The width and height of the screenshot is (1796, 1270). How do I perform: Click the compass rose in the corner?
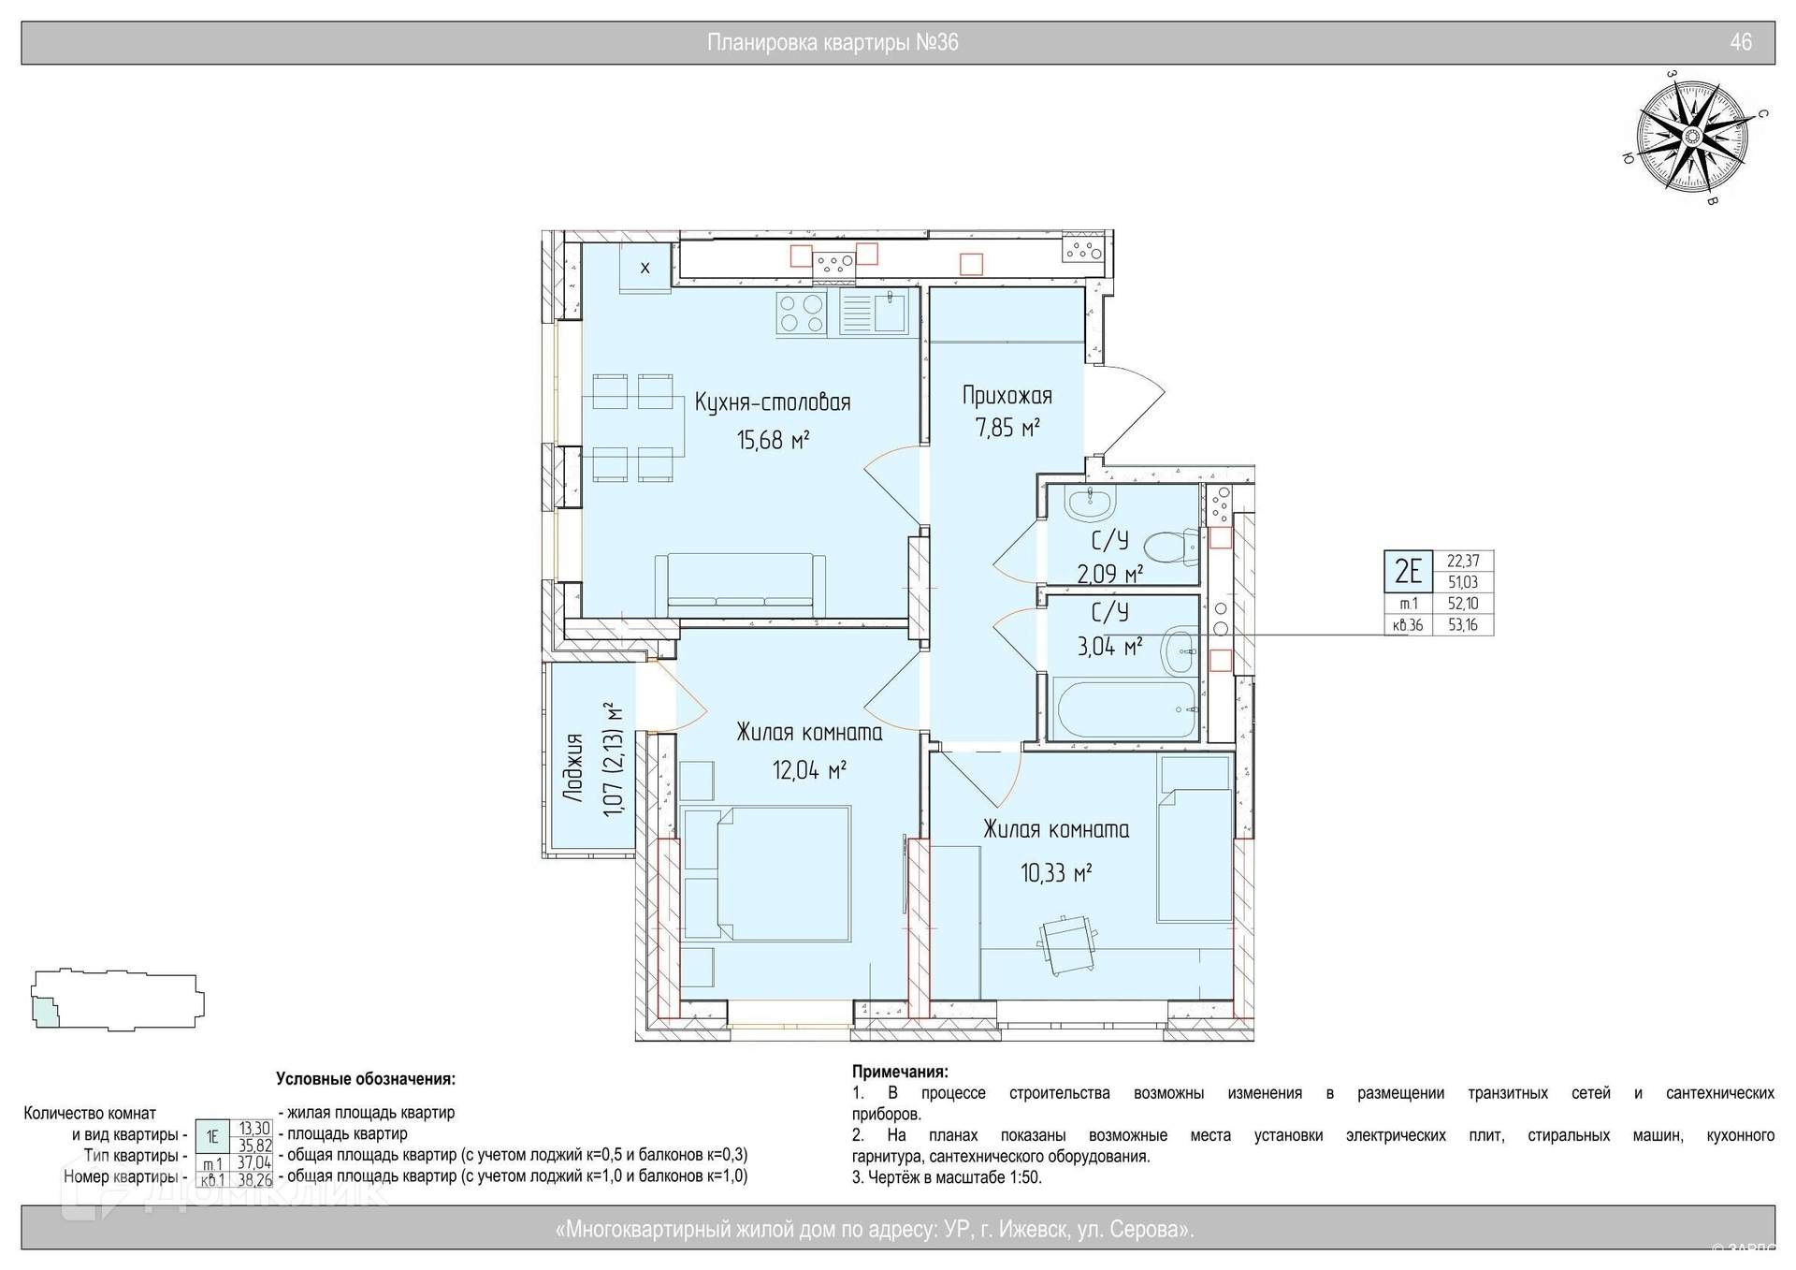[1691, 137]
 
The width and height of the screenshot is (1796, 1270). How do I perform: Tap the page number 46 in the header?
[1741, 42]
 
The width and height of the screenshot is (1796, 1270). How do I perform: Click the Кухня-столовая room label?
[773, 402]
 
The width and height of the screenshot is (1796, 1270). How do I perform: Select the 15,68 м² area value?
[773, 439]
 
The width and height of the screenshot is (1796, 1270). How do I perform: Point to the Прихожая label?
[1007, 396]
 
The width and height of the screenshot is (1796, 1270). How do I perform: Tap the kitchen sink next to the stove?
[873, 312]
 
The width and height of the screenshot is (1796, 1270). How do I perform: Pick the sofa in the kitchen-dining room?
[740, 585]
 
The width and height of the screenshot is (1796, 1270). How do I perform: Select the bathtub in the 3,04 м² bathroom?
[1123, 709]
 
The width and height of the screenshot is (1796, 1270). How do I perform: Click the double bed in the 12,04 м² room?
[766, 873]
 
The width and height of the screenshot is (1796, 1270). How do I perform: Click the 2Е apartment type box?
[1408, 571]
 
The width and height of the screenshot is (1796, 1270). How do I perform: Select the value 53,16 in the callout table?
[1463, 625]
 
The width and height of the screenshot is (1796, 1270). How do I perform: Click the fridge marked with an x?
[645, 267]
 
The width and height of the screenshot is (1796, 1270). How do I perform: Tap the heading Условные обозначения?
[366, 1079]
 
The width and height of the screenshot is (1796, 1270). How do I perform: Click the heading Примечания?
[900, 1072]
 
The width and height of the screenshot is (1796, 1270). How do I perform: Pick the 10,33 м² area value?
[1056, 873]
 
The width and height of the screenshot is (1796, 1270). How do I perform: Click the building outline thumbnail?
[118, 1000]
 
